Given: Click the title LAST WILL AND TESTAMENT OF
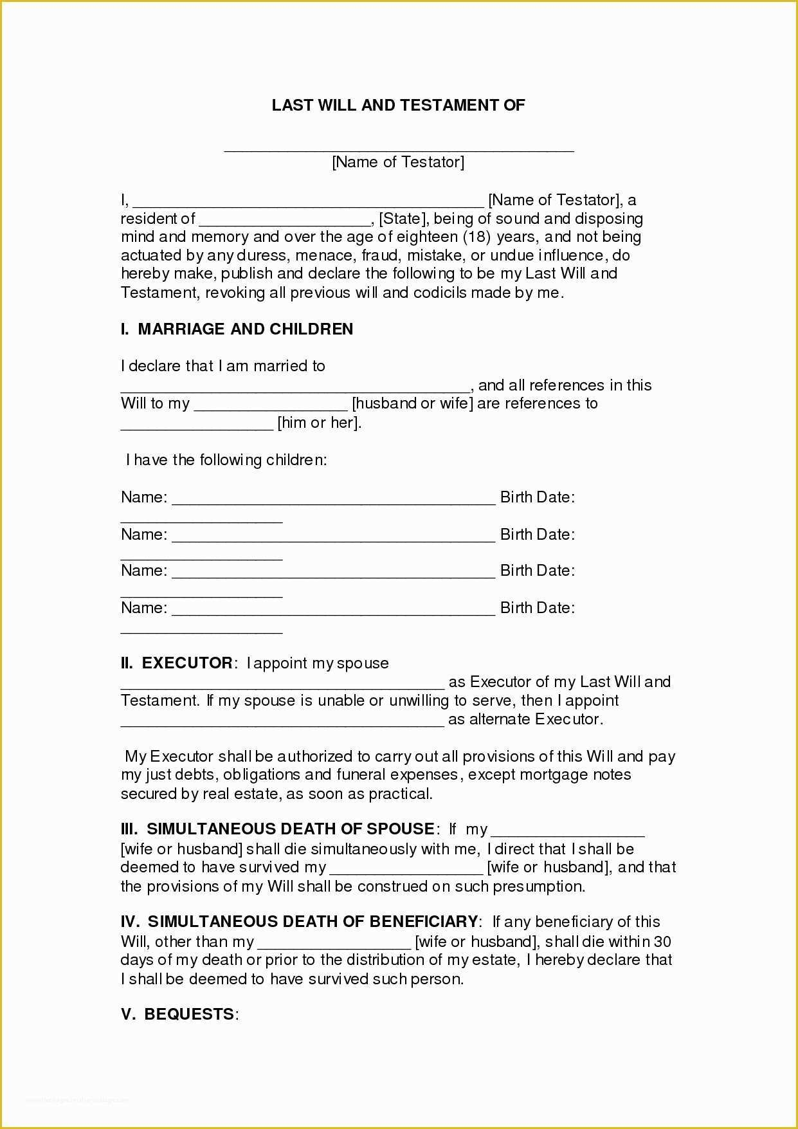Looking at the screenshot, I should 398,106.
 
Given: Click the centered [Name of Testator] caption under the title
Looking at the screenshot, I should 398,162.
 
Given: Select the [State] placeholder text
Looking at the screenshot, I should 403,219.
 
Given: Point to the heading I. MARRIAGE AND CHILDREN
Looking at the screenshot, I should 237,329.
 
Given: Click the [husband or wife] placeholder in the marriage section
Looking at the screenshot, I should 412,404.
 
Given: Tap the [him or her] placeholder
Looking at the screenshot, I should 319,423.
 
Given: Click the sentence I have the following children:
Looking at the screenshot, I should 226,460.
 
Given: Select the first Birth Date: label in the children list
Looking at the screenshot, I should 538,497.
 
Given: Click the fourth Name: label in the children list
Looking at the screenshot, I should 144,608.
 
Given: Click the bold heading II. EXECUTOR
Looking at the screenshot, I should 177,663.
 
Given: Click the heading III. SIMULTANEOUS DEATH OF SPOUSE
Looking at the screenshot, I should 278,829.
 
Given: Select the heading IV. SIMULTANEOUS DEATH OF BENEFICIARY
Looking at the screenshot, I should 300,922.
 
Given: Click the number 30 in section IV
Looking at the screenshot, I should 662,942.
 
